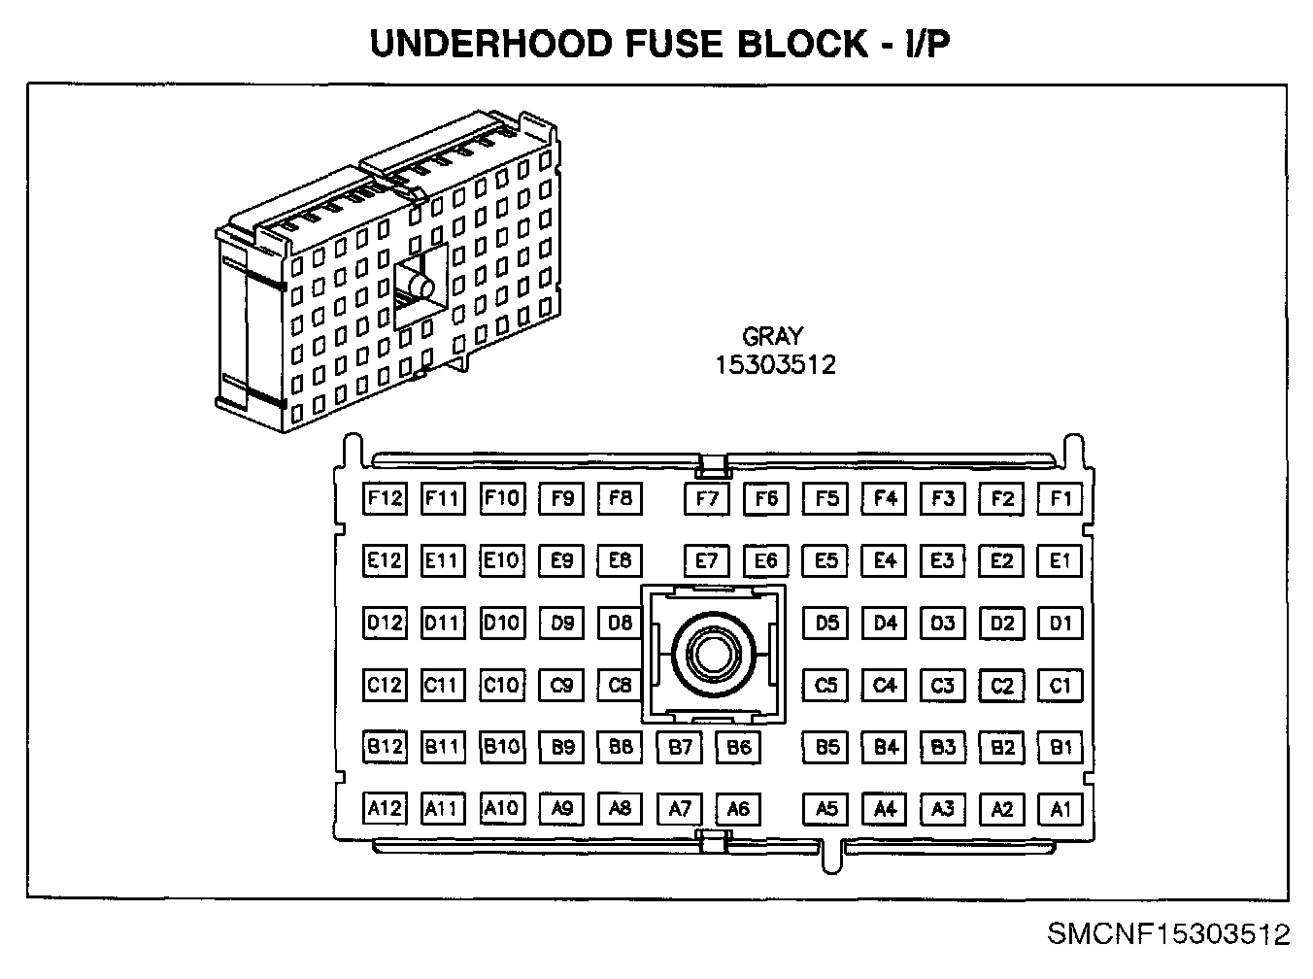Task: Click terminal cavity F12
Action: point(385,498)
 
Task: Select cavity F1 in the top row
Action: point(1060,498)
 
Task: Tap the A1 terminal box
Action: point(1060,809)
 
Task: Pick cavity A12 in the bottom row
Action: point(385,809)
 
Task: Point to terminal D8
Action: point(620,623)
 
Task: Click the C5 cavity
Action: point(825,685)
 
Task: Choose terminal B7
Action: point(680,747)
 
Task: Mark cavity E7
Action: point(707,560)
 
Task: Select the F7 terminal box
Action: point(707,499)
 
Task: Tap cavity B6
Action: point(738,747)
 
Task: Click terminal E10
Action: point(501,560)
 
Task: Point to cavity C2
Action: point(1001,686)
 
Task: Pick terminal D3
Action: point(943,623)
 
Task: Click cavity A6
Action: point(738,809)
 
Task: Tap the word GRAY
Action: point(773,336)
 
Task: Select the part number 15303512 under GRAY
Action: point(775,365)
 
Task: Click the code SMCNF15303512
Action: point(1168,934)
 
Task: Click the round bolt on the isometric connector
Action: point(421,287)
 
